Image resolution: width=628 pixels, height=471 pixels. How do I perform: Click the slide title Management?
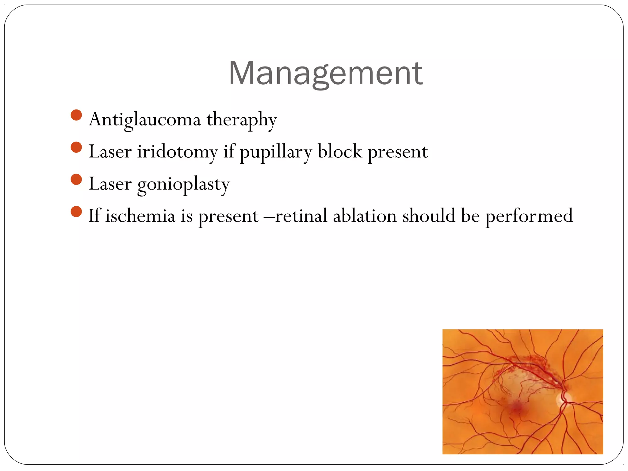325,74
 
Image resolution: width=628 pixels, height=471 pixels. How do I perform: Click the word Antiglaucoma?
145,120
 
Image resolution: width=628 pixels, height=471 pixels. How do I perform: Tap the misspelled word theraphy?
241,120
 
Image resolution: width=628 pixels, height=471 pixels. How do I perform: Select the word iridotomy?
177,152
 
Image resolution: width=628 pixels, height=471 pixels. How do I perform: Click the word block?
339,152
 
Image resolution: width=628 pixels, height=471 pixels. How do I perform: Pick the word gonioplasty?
183,184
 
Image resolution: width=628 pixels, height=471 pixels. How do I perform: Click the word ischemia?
140,216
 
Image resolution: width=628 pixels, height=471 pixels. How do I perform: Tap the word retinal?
301,216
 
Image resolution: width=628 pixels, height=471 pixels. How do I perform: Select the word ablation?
365,216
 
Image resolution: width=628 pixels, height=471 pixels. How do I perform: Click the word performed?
529,216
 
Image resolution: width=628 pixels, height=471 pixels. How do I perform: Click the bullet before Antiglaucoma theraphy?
76,115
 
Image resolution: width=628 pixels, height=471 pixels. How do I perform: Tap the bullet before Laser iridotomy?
76,147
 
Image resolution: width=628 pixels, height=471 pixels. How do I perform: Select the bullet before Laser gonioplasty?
76,179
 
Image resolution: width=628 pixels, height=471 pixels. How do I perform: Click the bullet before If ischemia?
76,212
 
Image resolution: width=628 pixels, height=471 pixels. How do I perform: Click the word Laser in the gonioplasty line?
110,184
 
